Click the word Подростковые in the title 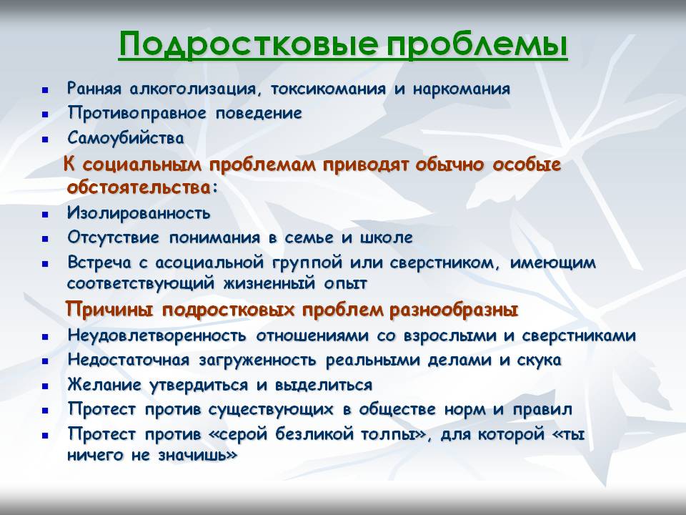click(249, 44)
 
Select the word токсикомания click(328, 89)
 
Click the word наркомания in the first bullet click(462, 89)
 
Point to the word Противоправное click(137, 114)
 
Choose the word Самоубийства click(126, 138)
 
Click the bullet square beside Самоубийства click(45, 140)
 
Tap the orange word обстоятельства click(139, 187)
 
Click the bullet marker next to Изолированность click(45, 215)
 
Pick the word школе click(387, 237)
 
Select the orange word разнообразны click(454, 310)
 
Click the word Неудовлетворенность click(157, 336)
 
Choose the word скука click(540, 360)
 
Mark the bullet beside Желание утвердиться click(45, 387)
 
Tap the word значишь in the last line click(197, 456)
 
